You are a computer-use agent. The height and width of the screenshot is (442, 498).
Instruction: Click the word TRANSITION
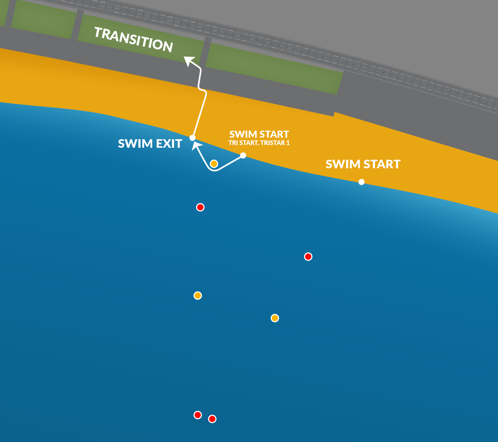point(133,40)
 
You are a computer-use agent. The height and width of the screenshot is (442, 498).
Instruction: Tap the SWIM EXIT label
point(150,143)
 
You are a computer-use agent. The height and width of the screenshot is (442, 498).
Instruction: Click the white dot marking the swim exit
point(193,138)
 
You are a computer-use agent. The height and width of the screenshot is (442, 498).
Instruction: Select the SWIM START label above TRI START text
point(259,134)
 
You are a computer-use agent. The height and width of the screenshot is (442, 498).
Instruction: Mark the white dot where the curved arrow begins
point(243,155)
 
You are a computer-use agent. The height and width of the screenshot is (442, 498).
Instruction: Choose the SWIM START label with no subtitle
point(363,164)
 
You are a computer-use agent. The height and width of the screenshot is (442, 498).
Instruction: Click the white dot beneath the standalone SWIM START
point(361,182)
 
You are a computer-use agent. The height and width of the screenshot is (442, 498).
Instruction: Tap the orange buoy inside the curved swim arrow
point(214,164)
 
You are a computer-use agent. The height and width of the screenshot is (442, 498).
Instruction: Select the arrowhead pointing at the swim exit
point(197,147)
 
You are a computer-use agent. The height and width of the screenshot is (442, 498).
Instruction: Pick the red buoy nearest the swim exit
point(200,207)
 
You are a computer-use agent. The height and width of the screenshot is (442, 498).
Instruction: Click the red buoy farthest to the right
point(308,257)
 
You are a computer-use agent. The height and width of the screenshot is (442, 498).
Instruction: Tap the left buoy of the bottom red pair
point(198,415)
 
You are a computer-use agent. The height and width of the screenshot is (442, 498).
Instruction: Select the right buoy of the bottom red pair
point(212,419)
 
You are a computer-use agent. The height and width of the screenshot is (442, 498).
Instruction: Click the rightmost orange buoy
point(275,318)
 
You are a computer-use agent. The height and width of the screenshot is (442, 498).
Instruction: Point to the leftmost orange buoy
point(198,296)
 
